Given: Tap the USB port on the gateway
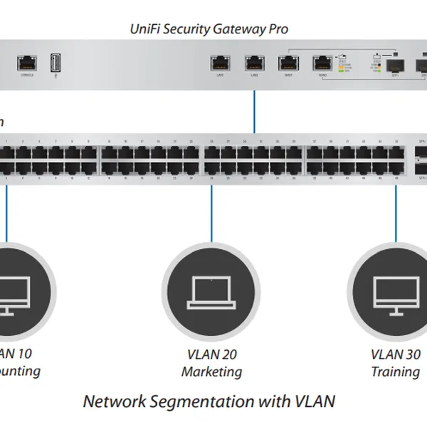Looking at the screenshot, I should tap(56, 63).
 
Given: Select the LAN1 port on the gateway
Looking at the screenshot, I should tap(219, 62).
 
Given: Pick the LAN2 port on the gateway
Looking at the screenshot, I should tap(254, 62).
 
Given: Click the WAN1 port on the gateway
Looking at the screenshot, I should tap(288, 62).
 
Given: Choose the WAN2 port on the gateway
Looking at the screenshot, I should tap(322, 62).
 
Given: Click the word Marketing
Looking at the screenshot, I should tap(211, 371).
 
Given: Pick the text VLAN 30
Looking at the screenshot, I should tap(395, 354).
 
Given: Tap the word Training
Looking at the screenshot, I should tap(395, 371).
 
